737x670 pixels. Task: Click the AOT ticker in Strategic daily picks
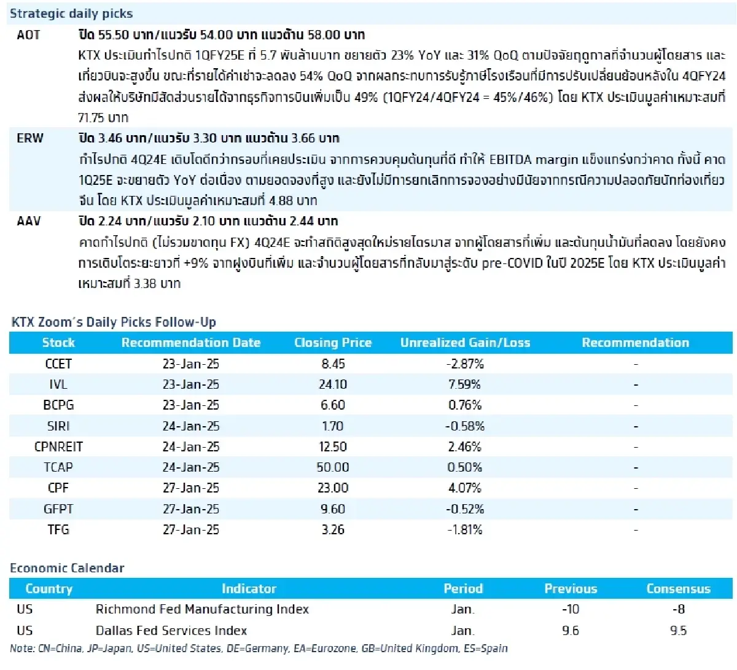pyautogui.click(x=28, y=34)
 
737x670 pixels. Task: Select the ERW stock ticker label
pyautogui.click(x=30, y=138)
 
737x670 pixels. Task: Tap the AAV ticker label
pyautogui.click(x=29, y=221)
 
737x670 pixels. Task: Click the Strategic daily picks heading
pyautogui.click(x=71, y=14)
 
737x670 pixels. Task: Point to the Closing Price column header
pyautogui.click(x=333, y=343)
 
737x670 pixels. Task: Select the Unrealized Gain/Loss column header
pyautogui.click(x=465, y=343)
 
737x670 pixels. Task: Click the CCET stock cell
pyautogui.click(x=58, y=364)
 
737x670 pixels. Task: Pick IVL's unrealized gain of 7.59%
pyautogui.click(x=465, y=385)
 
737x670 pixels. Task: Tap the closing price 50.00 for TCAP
pyautogui.click(x=333, y=467)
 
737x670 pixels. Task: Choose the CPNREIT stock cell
pyautogui.click(x=58, y=447)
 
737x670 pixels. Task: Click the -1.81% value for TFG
pyautogui.click(x=465, y=530)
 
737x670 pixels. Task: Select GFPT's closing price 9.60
pyautogui.click(x=333, y=509)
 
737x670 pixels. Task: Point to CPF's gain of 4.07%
pyautogui.click(x=465, y=488)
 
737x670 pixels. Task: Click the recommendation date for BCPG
pyautogui.click(x=190, y=405)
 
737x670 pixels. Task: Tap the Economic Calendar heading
pyautogui.click(x=67, y=568)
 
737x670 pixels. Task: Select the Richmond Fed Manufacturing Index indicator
pyautogui.click(x=202, y=609)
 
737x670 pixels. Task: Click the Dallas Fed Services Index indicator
pyautogui.click(x=171, y=631)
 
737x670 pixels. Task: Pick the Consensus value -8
pyautogui.click(x=678, y=609)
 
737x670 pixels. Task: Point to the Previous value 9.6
pyautogui.click(x=571, y=631)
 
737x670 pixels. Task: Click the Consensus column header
pyautogui.click(x=678, y=589)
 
